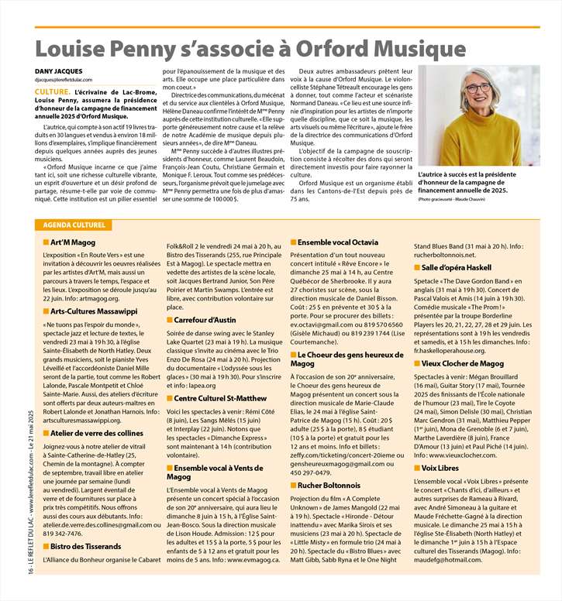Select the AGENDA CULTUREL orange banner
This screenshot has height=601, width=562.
[71, 225]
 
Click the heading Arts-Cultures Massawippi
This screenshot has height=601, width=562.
[90, 311]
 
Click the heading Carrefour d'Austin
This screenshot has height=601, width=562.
[209, 320]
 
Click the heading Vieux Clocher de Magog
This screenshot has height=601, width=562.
[463, 362]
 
